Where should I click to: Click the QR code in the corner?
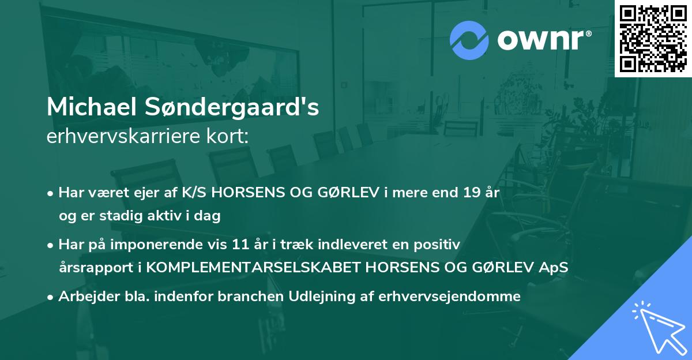click(653, 39)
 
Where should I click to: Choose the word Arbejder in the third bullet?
click(86, 297)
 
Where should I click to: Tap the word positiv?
click(439, 245)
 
